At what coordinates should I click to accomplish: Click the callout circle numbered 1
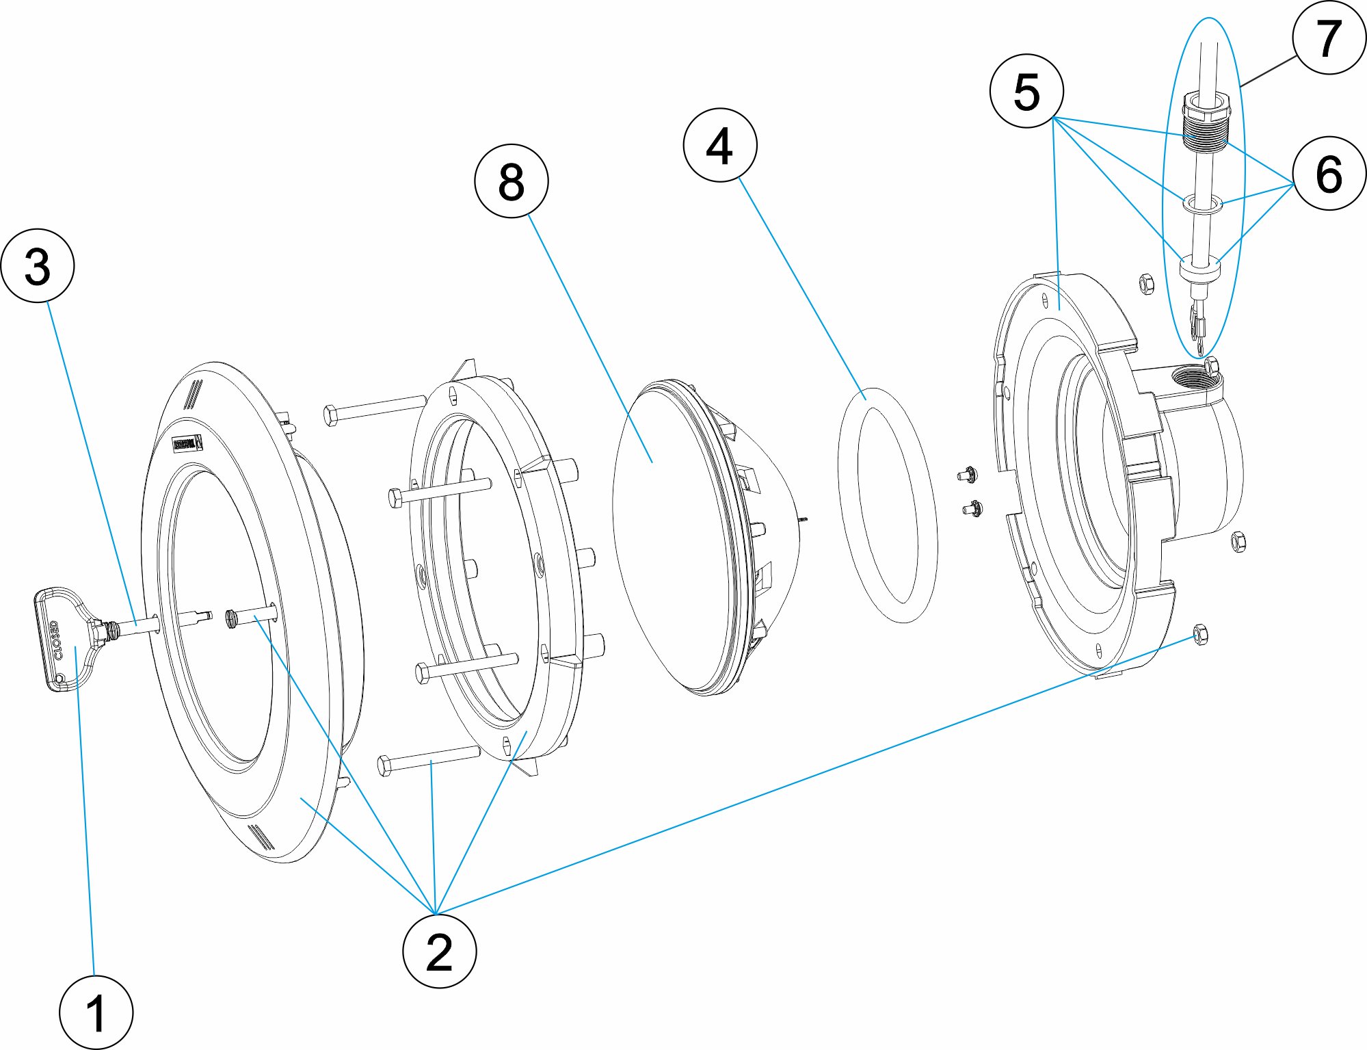(x=96, y=1012)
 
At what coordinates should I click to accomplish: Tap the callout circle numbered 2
(x=439, y=951)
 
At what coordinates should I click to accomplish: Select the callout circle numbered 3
(x=38, y=265)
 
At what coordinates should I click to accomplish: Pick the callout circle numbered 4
(x=719, y=145)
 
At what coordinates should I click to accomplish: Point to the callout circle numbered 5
(x=1026, y=91)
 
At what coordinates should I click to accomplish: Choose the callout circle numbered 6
(x=1329, y=173)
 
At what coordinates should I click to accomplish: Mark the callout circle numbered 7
(x=1329, y=38)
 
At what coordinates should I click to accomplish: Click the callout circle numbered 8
(x=511, y=181)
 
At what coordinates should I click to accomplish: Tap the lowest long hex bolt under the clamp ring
(x=427, y=759)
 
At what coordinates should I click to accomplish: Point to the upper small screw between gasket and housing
(x=968, y=473)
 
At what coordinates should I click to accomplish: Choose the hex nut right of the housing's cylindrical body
(x=1238, y=542)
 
